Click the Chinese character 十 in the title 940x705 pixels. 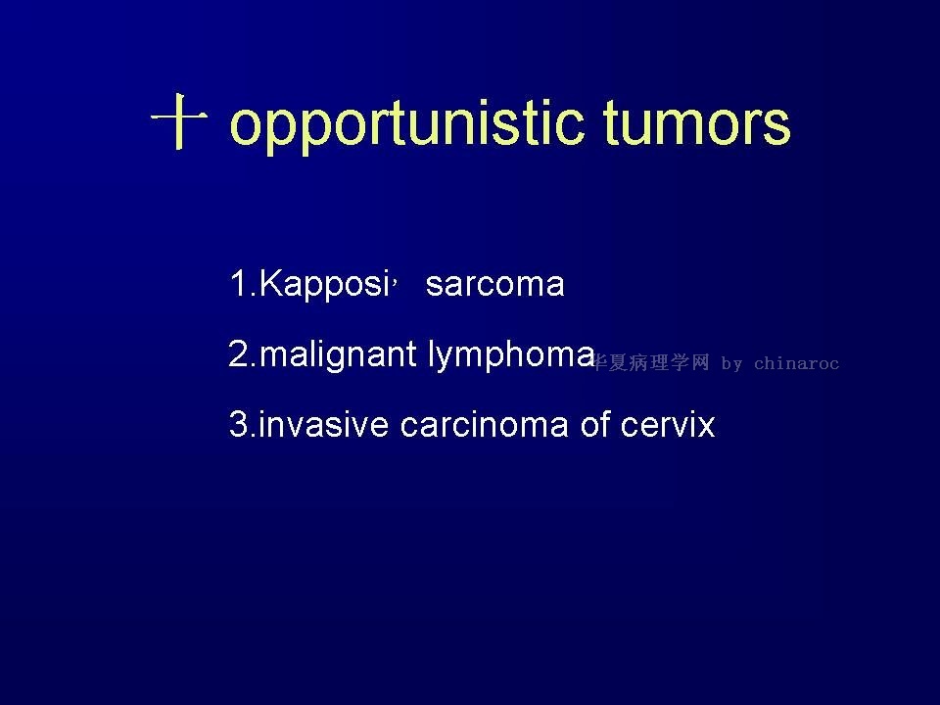178,120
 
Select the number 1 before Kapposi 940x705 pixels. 238,283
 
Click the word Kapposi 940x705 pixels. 324,284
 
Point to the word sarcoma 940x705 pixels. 495,285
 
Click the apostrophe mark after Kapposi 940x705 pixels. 396,277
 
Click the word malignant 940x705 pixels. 338,355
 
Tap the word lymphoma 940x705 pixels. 511,355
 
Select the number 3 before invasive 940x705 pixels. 238,424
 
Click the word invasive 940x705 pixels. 323,424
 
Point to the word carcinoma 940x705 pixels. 484,424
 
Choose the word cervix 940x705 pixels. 668,424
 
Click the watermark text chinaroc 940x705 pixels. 796,363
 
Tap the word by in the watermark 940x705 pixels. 732,364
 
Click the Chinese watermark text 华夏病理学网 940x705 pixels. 650,362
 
